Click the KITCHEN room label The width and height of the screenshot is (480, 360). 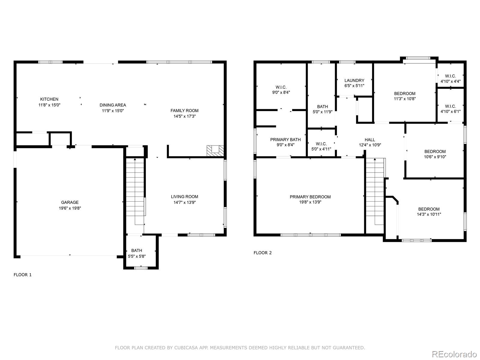coord(49,99)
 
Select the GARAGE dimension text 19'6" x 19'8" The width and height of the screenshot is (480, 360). coord(70,208)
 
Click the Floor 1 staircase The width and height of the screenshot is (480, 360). coord(135,192)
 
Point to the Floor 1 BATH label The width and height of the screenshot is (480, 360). coord(136,250)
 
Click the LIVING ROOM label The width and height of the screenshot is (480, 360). coord(184,197)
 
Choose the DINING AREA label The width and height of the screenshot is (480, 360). coord(113,105)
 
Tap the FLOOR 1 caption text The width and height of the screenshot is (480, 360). coord(22,274)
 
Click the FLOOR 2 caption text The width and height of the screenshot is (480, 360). coord(262,253)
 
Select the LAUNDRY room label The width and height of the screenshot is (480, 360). coord(354,80)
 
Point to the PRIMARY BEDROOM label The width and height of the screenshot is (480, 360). coord(310,197)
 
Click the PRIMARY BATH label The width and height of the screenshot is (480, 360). coord(285,139)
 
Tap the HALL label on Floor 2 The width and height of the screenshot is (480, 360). coord(370,139)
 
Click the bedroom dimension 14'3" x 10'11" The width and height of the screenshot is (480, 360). coord(429,214)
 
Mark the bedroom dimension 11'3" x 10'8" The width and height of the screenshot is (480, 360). coord(405,99)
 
